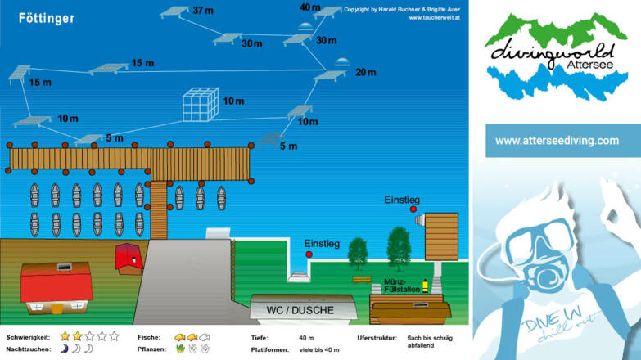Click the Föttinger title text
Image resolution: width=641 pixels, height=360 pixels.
47,18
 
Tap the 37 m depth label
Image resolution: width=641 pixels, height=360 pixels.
203,11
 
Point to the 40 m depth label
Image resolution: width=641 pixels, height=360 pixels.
310,7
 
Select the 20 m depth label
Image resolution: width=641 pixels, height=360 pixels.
366,72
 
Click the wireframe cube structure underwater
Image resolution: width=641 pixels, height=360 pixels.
201,104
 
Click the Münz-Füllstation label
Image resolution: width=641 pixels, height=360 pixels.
400,286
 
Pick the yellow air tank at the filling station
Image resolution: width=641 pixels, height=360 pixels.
425,286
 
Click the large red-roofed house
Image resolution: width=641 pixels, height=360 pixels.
55,286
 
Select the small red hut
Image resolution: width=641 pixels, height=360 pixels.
129,256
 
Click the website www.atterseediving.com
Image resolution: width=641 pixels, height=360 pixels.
557,141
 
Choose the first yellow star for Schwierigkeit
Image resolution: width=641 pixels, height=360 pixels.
65,336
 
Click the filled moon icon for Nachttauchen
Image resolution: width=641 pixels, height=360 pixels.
64,349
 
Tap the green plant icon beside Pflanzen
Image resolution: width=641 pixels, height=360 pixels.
180,349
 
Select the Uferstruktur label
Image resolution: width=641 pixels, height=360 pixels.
377,336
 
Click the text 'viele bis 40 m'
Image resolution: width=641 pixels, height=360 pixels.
319,349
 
